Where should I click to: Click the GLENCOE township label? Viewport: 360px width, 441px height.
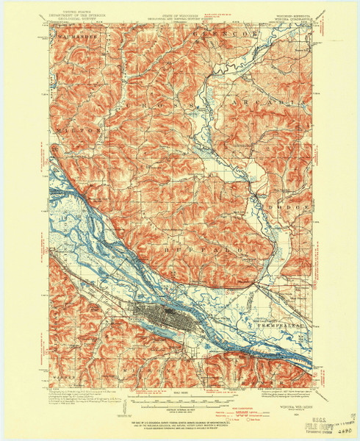(x=212, y=35)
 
